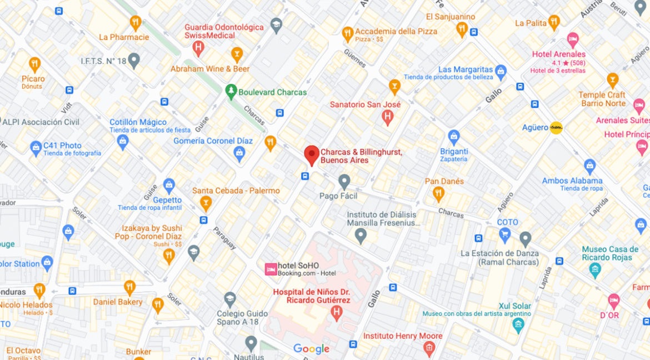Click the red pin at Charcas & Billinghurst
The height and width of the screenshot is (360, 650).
[312, 154]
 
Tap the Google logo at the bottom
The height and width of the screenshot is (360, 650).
[311, 349]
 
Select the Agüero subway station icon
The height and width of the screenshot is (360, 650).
[556, 128]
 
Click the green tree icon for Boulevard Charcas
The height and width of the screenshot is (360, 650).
[231, 91]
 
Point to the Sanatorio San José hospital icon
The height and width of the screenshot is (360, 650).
[388, 117]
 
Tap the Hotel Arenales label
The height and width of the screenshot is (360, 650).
[558, 54]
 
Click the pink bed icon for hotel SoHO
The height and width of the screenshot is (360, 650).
[271, 269]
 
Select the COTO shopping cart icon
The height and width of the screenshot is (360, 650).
[505, 236]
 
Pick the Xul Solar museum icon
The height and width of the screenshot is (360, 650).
[518, 324]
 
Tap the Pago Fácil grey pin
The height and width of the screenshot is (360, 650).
[344, 181]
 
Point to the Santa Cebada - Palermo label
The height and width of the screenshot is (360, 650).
[236, 191]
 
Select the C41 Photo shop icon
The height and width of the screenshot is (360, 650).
[36, 148]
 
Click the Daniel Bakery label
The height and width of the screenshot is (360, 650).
[118, 302]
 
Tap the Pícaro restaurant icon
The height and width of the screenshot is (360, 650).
[34, 64]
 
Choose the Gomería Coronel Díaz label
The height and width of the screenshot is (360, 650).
[213, 141]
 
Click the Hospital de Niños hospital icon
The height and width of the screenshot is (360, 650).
[336, 313]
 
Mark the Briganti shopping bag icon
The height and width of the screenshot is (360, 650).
[454, 136]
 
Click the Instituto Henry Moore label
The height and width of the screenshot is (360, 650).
[403, 336]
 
